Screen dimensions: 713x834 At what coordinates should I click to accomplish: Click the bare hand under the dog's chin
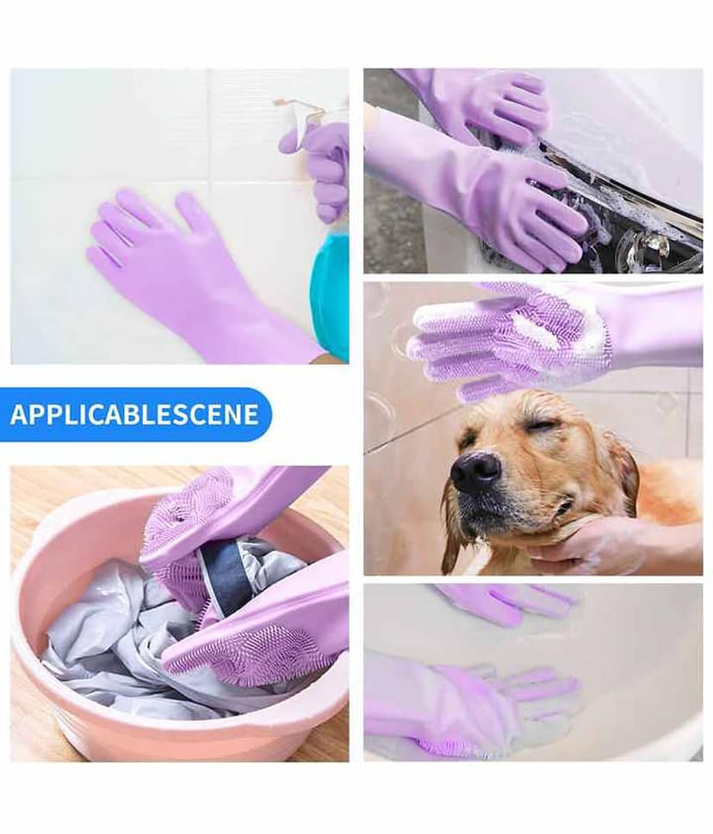tap(606, 545)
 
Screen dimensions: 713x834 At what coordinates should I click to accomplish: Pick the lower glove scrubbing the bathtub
tap(468, 702)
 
